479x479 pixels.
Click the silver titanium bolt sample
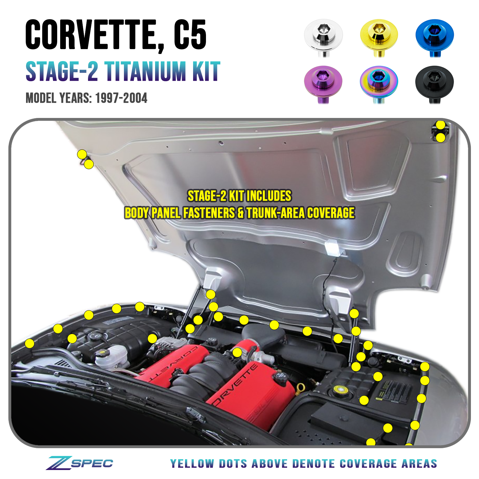[323, 36]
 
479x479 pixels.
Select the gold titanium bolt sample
[379, 36]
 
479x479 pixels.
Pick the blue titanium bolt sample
[435, 36]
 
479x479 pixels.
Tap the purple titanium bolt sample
[323, 82]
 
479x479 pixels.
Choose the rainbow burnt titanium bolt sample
[379, 82]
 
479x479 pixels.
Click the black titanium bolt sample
[435, 82]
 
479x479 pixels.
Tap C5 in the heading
[190, 35]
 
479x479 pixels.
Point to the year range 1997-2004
[121, 98]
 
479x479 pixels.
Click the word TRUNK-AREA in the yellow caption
[275, 213]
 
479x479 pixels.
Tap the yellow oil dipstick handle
[300, 388]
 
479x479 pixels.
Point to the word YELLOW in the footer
[192, 464]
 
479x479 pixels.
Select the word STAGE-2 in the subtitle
[62, 72]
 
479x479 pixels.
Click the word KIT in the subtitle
[206, 72]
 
